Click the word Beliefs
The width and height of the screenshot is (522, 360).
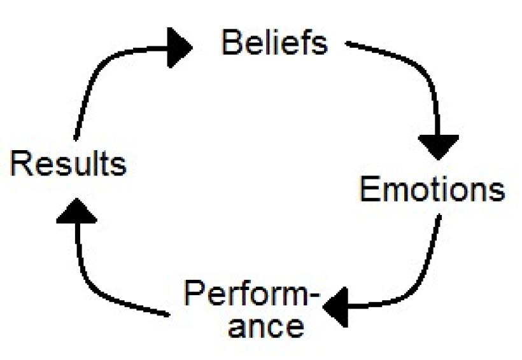point(274,43)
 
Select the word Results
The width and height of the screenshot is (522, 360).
point(68,163)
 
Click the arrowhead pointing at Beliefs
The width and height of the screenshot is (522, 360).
point(180,47)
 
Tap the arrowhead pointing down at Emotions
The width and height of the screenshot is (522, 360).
point(439,146)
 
